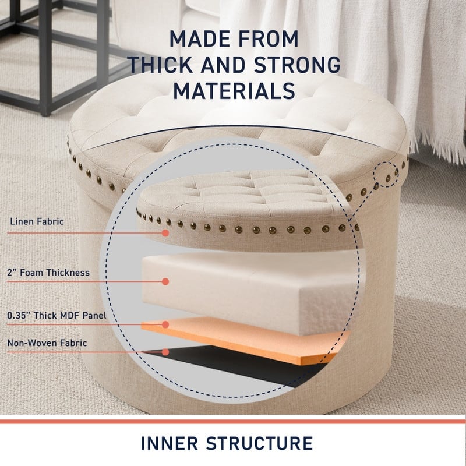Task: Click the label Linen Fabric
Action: (37, 221)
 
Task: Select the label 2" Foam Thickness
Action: (48, 273)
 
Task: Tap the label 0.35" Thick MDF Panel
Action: (57, 315)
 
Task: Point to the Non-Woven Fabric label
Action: (47, 343)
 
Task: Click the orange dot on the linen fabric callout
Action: (165, 233)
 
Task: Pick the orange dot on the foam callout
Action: (165, 281)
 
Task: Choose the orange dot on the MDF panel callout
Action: (165, 324)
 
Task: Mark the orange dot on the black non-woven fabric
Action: (165, 352)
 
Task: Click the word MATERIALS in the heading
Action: (234, 91)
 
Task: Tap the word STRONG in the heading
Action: (297, 65)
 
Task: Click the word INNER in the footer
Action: (170, 443)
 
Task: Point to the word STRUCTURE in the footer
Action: (259, 443)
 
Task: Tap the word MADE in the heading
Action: (195, 38)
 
